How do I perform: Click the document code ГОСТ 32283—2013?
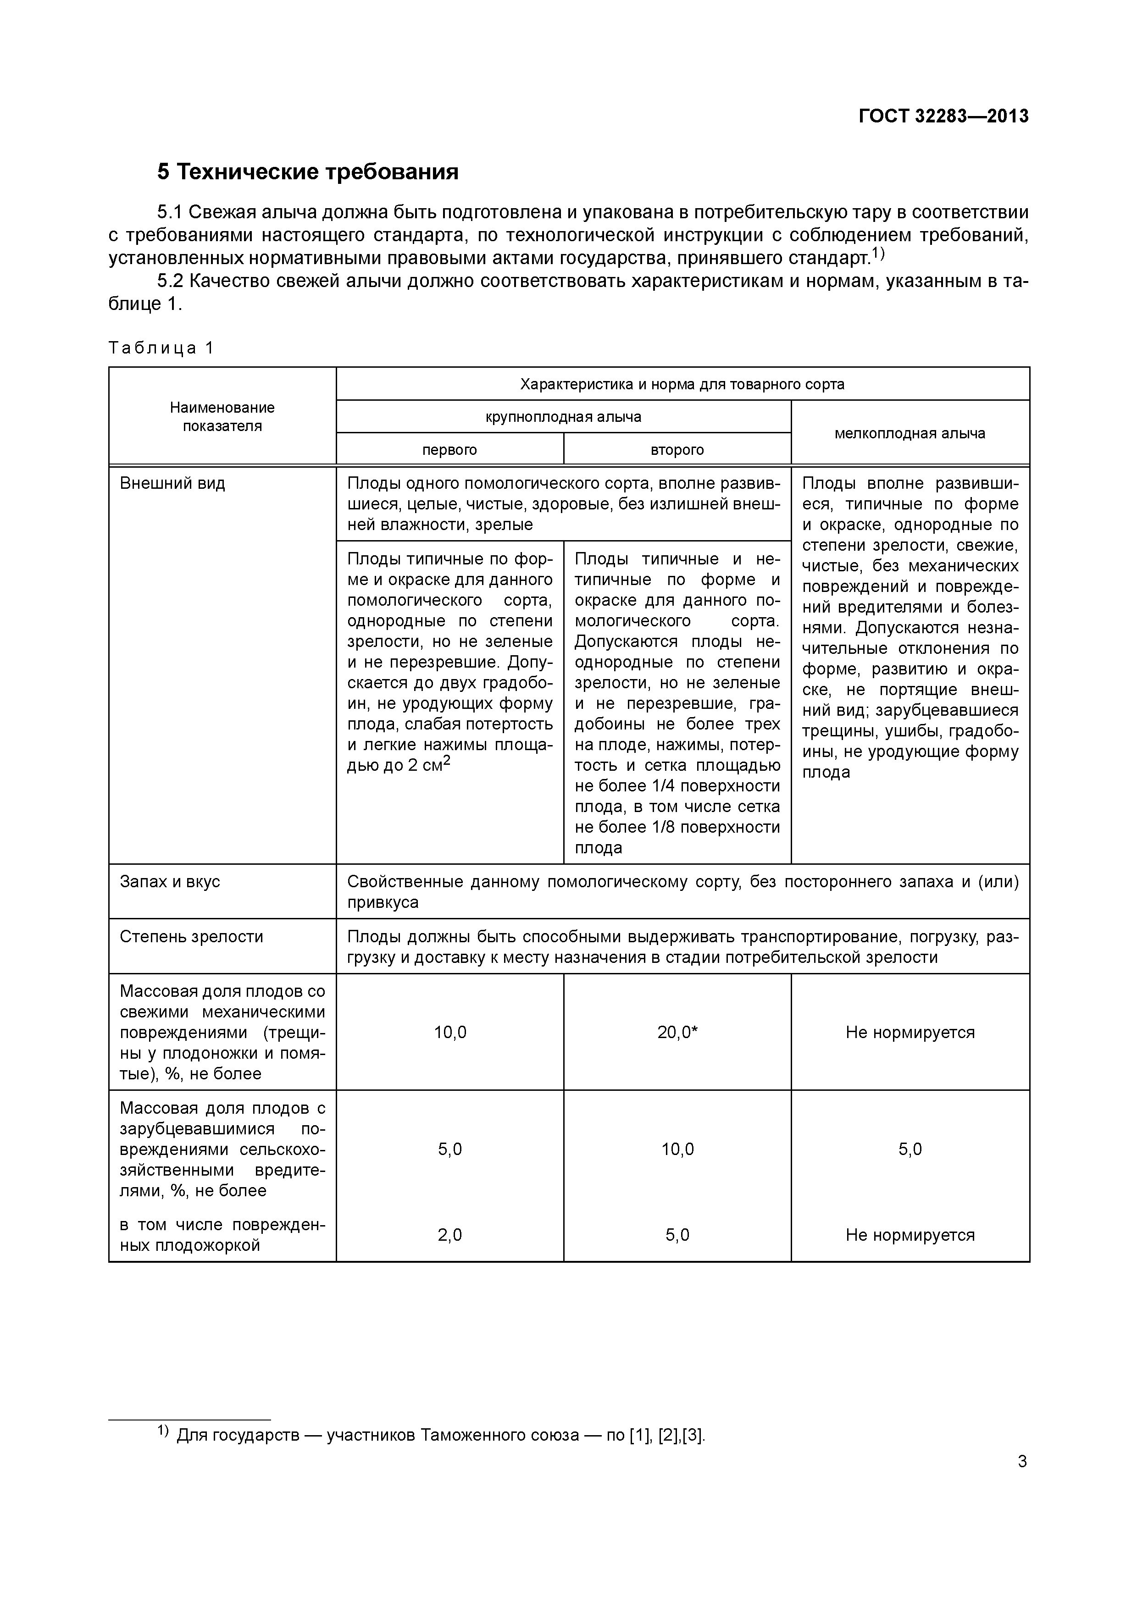coord(943,116)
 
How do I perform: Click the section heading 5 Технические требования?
coord(308,171)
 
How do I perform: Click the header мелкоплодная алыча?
coord(910,433)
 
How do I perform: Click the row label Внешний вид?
coord(172,483)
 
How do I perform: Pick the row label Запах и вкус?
coord(170,881)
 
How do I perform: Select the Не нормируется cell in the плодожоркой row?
coord(910,1235)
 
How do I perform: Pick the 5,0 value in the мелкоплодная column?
coord(910,1149)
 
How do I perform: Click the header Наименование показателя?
coord(222,417)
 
